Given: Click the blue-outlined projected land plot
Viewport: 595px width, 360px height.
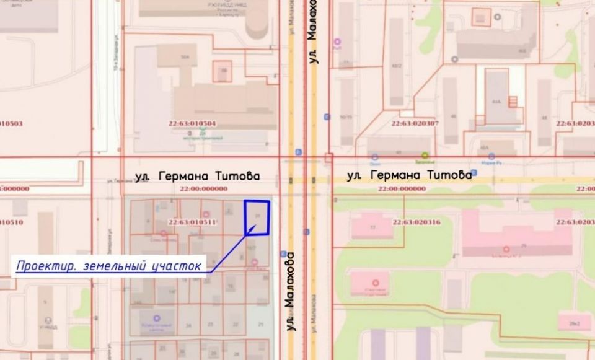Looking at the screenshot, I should tap(257, 217).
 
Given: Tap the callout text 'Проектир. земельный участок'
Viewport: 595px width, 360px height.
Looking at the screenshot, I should tap(109, 266).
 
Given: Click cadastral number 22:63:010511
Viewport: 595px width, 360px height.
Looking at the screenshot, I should tap(192, 222).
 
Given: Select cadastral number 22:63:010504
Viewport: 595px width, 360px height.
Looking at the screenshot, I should tap(192, 123).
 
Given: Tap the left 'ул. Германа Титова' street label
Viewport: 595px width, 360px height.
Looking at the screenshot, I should tap(197, 177).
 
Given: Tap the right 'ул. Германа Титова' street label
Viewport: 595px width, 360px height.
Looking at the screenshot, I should tap(409, 175).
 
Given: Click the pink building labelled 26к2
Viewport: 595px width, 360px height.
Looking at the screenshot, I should tap(574, 322).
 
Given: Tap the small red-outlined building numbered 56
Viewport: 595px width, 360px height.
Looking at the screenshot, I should tap(224, 71).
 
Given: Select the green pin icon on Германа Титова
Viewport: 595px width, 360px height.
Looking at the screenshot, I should tap(425, 156).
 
